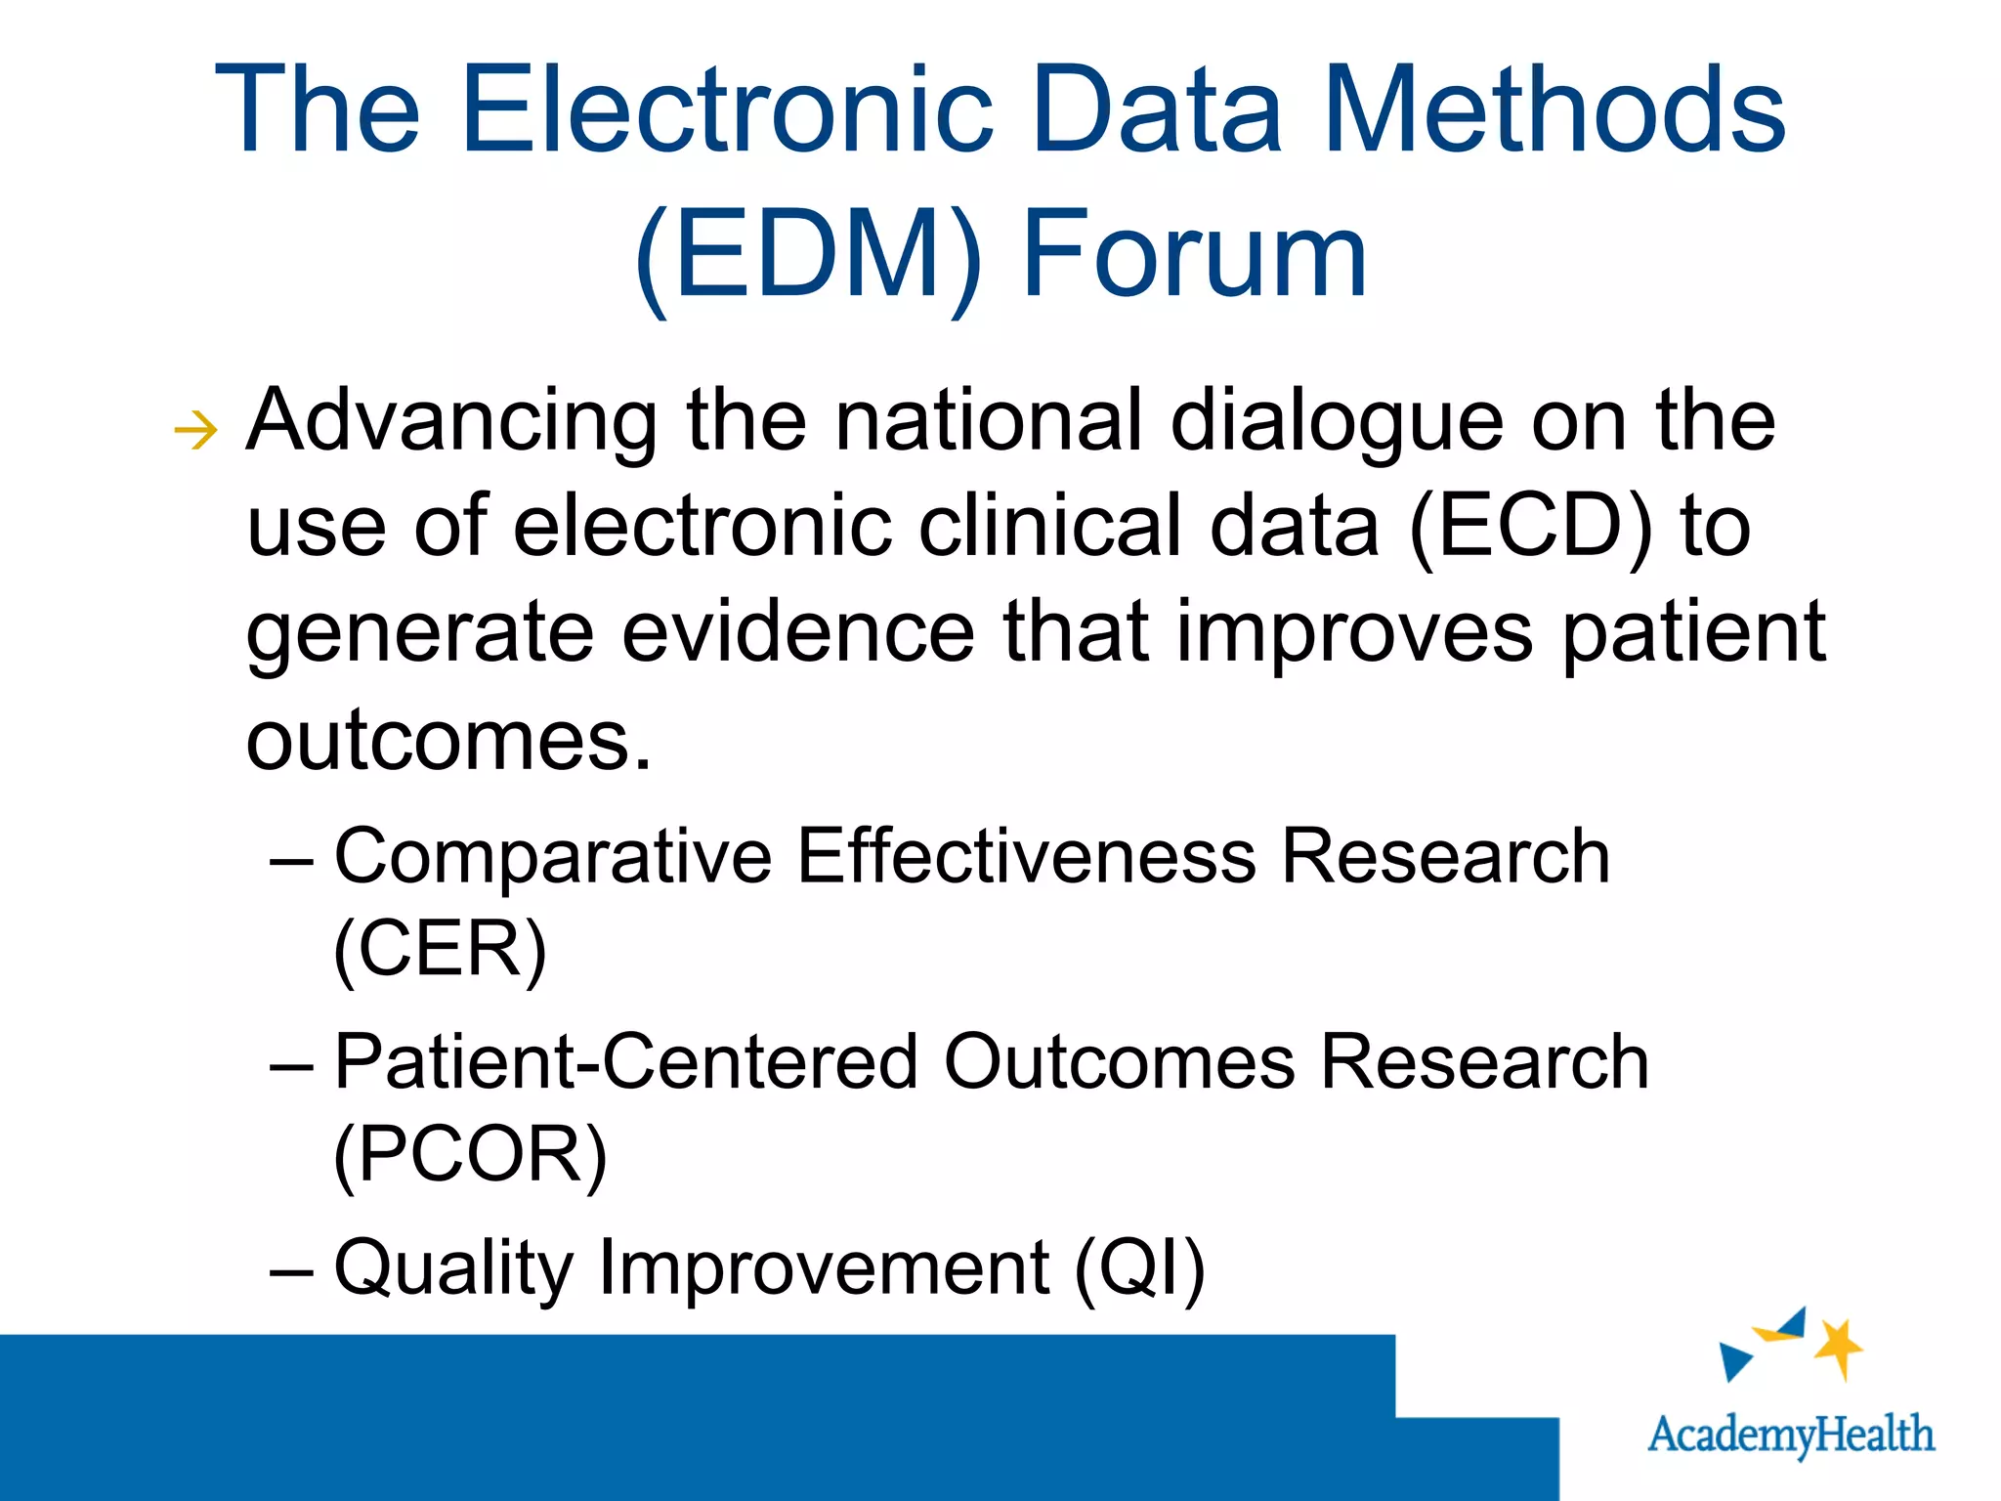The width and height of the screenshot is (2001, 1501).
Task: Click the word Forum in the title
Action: (1194, 256)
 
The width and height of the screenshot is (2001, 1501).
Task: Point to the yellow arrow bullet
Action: (195, 430)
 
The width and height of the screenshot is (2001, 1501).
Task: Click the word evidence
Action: (798, 632)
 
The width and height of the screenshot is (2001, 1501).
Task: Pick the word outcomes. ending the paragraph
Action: (447, 740)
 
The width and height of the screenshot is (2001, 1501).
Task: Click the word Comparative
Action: (553, 857)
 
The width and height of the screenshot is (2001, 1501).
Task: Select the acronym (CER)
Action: (440, 949)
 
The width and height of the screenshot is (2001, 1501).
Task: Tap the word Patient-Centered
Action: (625, 1062)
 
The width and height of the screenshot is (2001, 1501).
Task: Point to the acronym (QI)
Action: (1139, 1267)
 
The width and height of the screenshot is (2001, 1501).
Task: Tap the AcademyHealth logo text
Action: (1790, 1435)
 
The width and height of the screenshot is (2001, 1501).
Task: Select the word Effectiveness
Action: (1026, 857)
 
